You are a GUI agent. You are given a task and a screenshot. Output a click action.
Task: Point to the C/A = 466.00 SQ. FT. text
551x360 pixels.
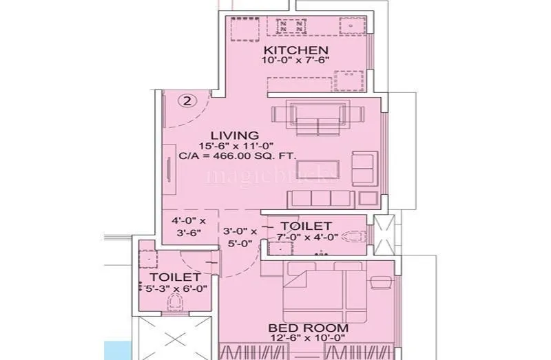coord(238,156)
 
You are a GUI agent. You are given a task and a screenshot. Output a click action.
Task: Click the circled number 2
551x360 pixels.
coord(187,100)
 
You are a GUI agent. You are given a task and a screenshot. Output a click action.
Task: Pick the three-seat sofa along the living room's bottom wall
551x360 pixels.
coord(320,199)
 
